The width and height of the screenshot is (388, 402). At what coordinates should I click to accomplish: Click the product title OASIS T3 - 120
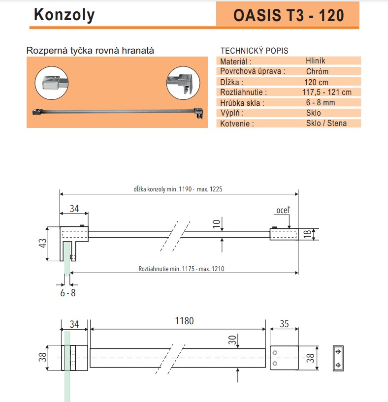pos(288,15)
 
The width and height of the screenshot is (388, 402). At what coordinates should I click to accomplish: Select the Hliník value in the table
pos(315,61)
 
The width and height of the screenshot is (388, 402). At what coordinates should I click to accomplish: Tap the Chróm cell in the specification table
pos(317,71)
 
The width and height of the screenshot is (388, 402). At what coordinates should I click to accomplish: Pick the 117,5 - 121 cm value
pos(327,92)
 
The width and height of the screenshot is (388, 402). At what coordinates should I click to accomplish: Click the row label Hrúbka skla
pos(242,103)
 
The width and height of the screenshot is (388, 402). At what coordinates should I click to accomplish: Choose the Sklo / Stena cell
pos(326,123)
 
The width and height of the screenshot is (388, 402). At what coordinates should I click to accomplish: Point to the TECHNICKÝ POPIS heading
pos(254,51)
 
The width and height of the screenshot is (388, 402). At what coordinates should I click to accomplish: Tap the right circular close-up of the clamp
pos(182,81)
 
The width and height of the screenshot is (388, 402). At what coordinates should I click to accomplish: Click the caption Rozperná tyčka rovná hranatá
pos(91,50)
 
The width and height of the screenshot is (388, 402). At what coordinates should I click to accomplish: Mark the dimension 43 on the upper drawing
pos(42,244)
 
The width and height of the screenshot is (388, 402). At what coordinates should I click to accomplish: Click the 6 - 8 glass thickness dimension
pos(67,293)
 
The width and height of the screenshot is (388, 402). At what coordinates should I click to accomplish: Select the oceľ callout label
pos(283,211)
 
